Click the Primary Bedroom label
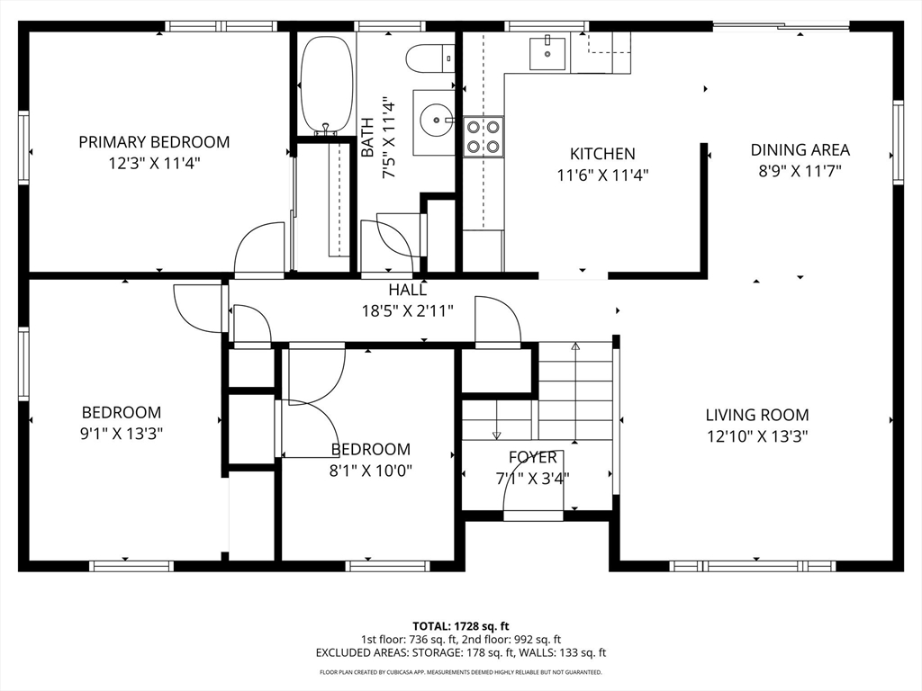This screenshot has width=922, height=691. pos(154,142)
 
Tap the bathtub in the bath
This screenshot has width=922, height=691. pos(326,85)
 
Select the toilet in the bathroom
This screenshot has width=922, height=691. pos(429,58)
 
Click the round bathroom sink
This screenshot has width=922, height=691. pos(437,120)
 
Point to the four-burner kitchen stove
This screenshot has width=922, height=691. pos(484,137)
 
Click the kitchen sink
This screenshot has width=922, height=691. pos(547,53)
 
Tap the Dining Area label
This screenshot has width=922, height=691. pos(800,150)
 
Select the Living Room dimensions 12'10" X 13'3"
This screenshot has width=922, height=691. pos(757,436)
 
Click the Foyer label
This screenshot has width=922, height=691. pos(533,457)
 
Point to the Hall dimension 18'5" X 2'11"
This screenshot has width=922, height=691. pos(408,310)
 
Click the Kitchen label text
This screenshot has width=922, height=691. pos(602,154)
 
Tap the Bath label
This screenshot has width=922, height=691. pos(367,138)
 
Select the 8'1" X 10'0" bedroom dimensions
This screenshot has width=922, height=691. pos(370,471)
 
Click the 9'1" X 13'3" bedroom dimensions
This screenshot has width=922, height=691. pos(122,434)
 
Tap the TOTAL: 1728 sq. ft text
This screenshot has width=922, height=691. pos(460,626)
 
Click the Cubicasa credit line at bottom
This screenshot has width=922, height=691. pos(460,672)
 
